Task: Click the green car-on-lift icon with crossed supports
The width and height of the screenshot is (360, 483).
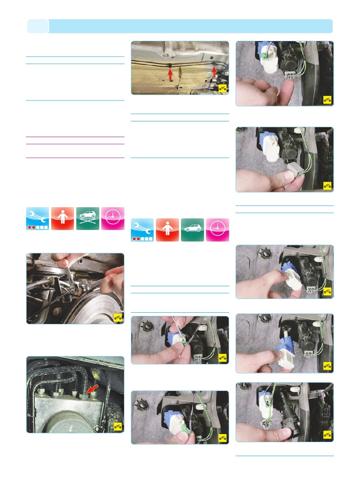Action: coord(88,218)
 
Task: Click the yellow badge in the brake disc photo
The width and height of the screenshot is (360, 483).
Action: coord(118,318)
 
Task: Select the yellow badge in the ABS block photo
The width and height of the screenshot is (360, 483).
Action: coord(118,426)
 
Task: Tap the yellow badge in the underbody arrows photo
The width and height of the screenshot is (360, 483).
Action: coord(223,89)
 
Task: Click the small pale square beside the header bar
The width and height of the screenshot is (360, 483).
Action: coord(38,26)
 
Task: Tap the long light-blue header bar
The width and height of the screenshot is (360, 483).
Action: coord(191,26)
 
